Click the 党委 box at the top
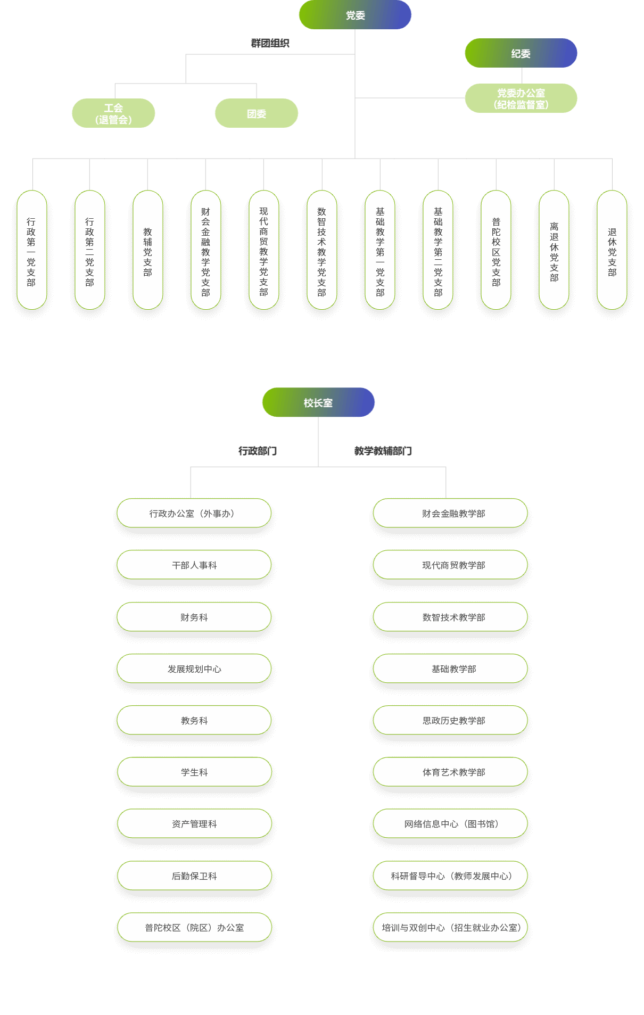pos(355,15)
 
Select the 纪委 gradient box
pos(521,53)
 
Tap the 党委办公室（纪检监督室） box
pos(521,98)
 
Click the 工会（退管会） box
pos(113,113)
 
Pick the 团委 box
pos(257,113)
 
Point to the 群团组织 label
pos(270,43)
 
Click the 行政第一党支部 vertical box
pos(32,250)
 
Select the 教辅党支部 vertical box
pos(148,250)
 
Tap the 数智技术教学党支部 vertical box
pos(322,250)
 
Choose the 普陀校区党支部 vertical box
pos(496,250)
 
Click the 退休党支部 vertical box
pos(612,250)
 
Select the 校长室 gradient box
pos(318,402)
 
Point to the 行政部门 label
pos(258,451)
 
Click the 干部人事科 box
pos(194,565)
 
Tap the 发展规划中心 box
pos(194,669)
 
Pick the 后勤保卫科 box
pos(194,876)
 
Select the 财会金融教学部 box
pos(450,513)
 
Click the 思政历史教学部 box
pos(450,720)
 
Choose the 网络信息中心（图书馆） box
pos(450,823)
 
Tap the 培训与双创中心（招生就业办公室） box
pos(450,927)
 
